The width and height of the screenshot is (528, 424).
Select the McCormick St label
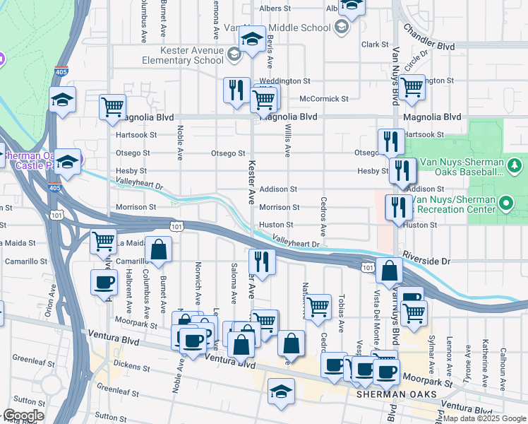324,99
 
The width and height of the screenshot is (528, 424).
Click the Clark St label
371,44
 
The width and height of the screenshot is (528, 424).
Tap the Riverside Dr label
426,261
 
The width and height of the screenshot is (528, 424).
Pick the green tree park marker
515,165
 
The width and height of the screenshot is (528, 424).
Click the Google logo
23,416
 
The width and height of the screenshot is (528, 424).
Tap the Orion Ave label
50,300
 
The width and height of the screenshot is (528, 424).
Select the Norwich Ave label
198,280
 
